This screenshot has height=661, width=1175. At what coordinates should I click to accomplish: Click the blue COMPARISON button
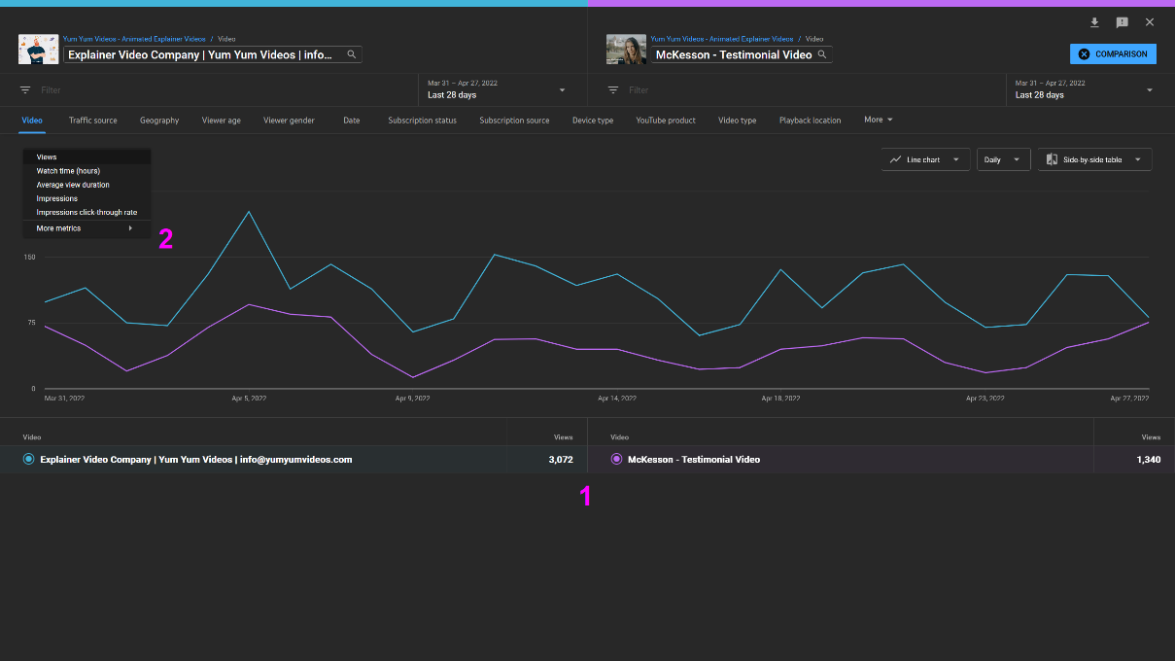1113,54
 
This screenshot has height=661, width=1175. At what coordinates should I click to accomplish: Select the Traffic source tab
92,121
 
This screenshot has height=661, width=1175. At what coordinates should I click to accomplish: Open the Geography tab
159,121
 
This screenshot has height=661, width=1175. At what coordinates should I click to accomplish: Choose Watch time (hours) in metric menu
68,171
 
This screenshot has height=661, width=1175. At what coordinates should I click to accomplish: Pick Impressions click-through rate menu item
86,212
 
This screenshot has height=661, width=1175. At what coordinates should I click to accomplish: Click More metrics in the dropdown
59,228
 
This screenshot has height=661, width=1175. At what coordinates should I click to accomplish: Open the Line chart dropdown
925,159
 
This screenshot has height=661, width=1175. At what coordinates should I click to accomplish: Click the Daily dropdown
1003,159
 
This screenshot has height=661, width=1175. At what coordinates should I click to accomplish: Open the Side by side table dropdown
1094,159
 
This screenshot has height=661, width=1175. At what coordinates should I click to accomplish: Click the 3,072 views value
560,460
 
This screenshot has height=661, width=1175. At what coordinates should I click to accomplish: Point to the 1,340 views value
1148,460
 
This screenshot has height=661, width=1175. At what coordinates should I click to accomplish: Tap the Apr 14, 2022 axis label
616,399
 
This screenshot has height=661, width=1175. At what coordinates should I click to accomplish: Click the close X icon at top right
1150,22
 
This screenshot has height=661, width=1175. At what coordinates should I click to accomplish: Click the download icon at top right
1094,22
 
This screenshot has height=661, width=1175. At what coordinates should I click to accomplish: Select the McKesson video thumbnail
626,50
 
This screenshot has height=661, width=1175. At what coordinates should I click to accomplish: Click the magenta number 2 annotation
166,239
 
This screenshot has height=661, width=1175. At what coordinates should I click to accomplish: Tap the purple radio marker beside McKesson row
616,460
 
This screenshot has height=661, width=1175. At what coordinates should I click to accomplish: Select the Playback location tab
810,121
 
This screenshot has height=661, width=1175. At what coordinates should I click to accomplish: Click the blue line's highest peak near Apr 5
250,211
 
